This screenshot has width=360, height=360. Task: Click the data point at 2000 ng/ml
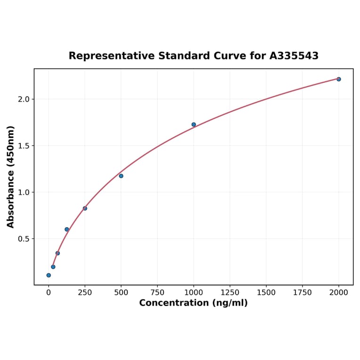tap(338, 79)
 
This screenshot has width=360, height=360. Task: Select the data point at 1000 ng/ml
tap(194, 124)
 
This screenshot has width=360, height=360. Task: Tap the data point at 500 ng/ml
tap(121, 176)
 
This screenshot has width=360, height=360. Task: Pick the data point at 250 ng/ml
tap(85, 208)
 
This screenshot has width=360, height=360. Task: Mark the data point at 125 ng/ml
tap(67, 229)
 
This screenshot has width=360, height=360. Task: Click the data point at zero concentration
tap(49, 275)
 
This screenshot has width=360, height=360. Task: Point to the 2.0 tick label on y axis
tap(24, 99)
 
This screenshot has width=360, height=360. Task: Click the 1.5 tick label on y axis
tap(24, 146)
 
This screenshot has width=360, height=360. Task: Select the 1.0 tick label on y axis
tap(24, 192)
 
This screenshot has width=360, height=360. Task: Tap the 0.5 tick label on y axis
tap(24, 239)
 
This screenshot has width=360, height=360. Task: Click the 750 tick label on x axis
tap(157, 292)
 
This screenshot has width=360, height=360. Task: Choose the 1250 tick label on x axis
tap(230, 292)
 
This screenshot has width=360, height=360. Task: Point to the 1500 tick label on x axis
tap(266, 292)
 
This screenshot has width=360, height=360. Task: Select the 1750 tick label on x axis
tap(303, 292)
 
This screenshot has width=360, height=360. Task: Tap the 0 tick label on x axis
tap(49, 292)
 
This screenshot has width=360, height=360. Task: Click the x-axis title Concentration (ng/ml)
tap(193, 303)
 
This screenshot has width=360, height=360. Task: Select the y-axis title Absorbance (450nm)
tap(11, 177)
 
